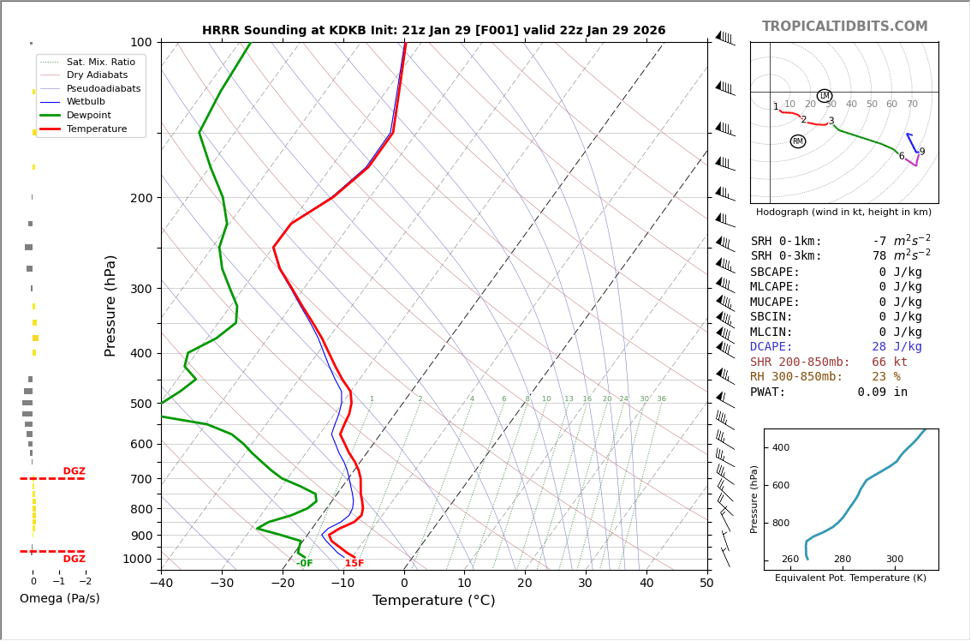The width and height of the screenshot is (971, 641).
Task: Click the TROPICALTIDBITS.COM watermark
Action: [844, 27]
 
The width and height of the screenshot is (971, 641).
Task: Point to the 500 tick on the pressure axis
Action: [140, 404]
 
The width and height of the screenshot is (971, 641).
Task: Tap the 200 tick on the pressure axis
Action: [140, 198]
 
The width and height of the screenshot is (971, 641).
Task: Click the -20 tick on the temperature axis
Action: [283, 584]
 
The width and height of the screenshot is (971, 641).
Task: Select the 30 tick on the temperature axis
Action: [585, 584]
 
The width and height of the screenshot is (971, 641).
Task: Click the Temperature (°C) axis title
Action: [433, 601]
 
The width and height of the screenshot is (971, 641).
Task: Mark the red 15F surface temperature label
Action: [354, 563]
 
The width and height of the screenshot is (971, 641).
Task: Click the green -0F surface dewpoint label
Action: [304, 563]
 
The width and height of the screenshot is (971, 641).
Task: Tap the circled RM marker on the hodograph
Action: [798, 141]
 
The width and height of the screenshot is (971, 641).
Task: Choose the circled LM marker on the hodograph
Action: [825, 96]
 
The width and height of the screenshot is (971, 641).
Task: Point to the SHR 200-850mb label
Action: [800, 362]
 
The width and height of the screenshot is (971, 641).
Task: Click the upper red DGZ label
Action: [74, 471]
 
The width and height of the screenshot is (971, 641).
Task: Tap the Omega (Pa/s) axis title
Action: [60, 599]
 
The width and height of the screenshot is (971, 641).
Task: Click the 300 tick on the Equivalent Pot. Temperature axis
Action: [895, 560]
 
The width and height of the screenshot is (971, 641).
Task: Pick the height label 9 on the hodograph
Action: [922, 152]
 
